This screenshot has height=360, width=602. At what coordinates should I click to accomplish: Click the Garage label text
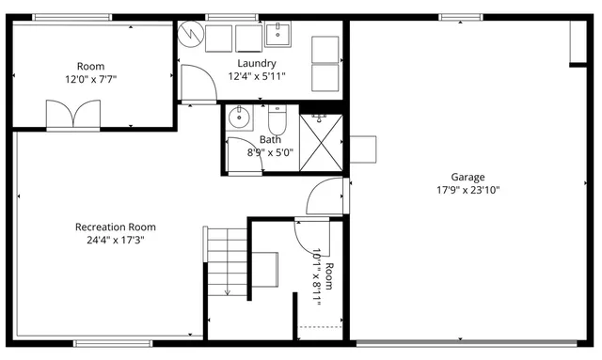(x=467, y=177)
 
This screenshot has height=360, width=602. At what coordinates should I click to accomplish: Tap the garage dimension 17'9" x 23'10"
(x=467, y=190)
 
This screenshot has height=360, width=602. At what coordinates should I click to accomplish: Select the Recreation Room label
(x=116, y=227)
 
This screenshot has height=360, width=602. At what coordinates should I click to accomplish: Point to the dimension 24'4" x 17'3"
(x=116, y=240)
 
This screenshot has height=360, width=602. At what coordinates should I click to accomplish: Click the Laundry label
(x=257, y=63)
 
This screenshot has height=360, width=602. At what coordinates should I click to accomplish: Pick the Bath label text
(x=270, y=139)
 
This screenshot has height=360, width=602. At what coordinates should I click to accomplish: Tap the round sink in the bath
(x=239, y=117)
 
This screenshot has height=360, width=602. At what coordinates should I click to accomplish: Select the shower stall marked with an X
(x=322, y=142)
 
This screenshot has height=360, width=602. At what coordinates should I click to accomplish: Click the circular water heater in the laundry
(x=191, y=36)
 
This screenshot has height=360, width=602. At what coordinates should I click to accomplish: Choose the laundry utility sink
(x=278, y=36)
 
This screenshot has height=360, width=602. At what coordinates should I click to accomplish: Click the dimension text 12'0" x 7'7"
(x=90, y=80)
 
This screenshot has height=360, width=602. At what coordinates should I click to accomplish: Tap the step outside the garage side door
(x=362, y=149)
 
